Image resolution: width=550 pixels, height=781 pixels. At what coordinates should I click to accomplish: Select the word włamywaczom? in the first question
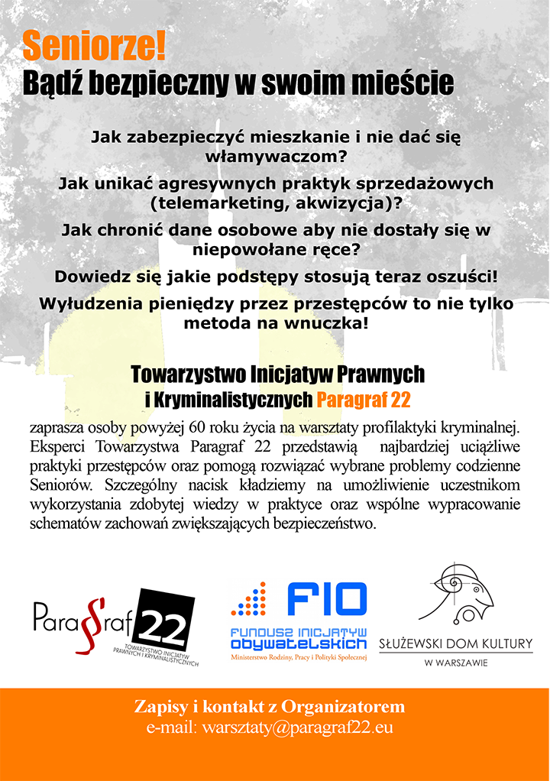click(x=277, y=156)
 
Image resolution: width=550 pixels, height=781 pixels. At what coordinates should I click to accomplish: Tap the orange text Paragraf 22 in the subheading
click(x=364, y=399)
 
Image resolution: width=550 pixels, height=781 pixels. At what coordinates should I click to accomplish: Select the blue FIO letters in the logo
click(x=327, y=601)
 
